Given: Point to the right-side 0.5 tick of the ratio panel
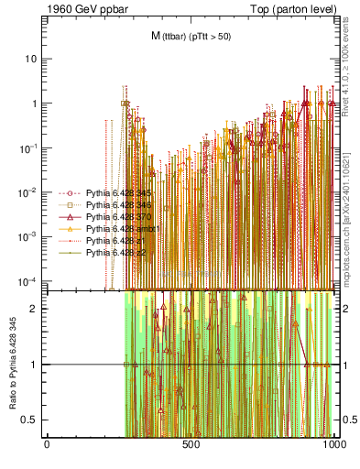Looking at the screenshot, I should (x=346, y=420).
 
